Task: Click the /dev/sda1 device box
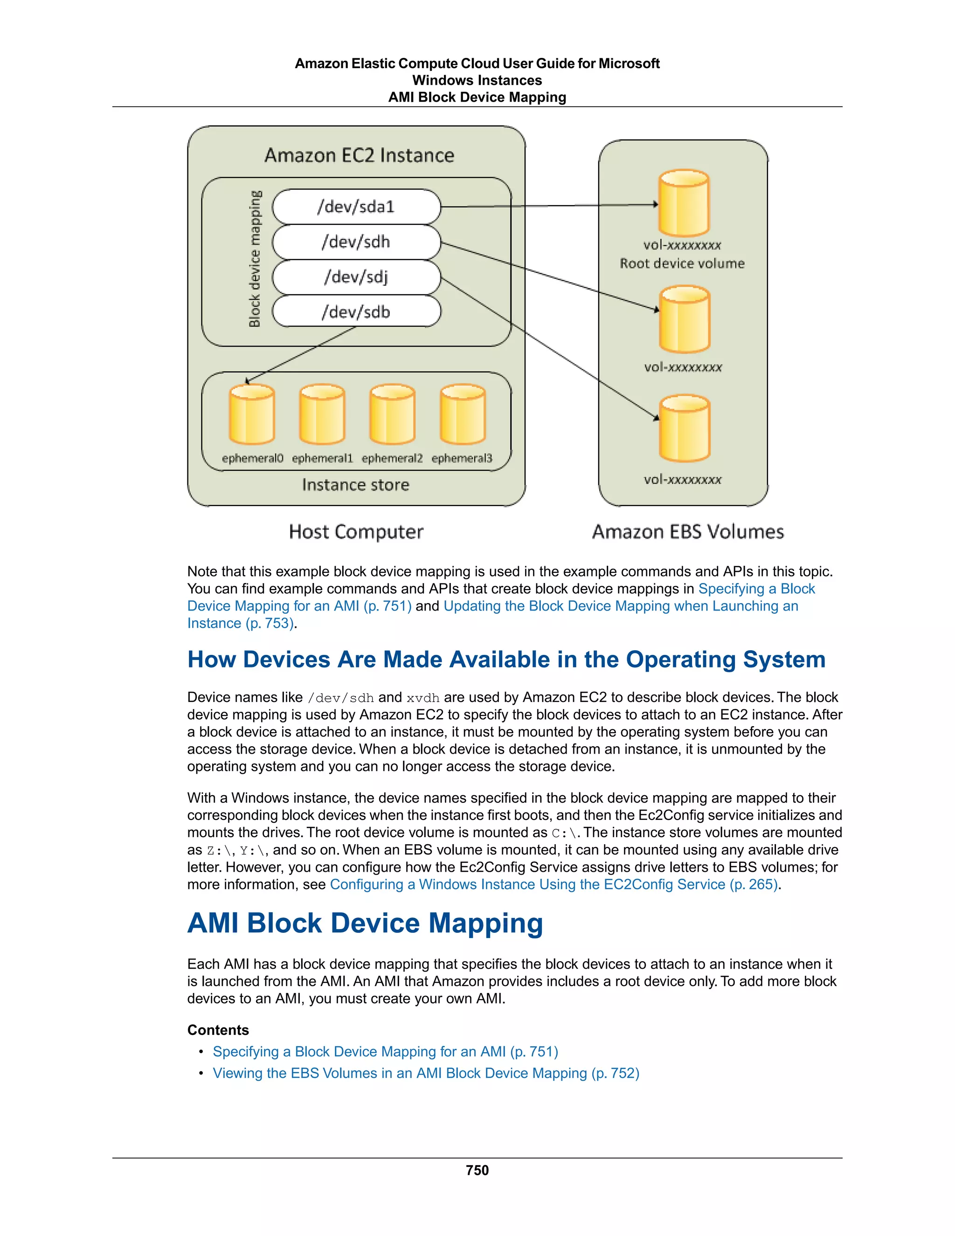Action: pos(356,207)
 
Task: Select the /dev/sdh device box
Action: pos(356,242)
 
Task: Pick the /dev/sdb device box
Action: pos(356,312)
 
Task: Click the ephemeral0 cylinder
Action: pos(252,414)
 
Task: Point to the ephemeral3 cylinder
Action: pos(462,414)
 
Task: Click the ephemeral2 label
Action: pos(392,458)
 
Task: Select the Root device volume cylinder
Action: pos(684,203)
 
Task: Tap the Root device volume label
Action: pos(682,264)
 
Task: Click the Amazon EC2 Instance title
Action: pos(359,155)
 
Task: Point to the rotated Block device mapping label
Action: pos(255,259)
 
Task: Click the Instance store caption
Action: pos(355,485)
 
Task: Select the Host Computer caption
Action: pos(356,532)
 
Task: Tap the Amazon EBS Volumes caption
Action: pos(687,532)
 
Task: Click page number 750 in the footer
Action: pos(477,1170)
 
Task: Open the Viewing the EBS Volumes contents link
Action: pos(425,1073)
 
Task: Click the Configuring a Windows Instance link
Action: pos(554,884)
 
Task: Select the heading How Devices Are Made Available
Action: pos(506,660)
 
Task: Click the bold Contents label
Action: pos(218,1030)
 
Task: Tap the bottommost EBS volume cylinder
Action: pos(684,429)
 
